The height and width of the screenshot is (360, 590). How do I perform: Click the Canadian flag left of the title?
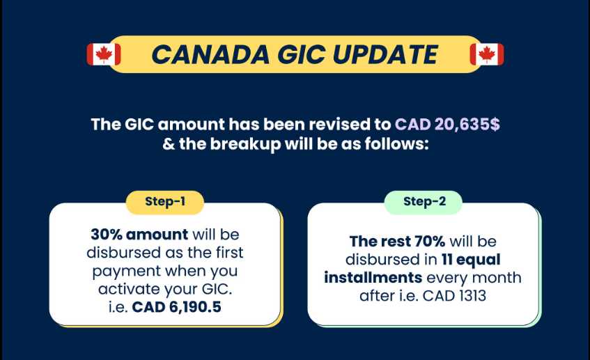(104, 54)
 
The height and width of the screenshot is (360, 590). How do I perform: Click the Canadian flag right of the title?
(487, 54)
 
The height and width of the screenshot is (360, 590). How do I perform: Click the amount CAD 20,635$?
(447, 125)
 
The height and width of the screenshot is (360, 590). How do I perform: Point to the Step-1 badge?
(165, 202)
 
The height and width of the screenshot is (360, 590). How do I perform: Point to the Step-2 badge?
(424, 202)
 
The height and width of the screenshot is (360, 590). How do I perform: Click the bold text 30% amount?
(139, 235)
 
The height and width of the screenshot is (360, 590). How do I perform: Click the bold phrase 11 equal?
(470, 260)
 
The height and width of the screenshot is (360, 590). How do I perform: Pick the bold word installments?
(373, 278)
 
